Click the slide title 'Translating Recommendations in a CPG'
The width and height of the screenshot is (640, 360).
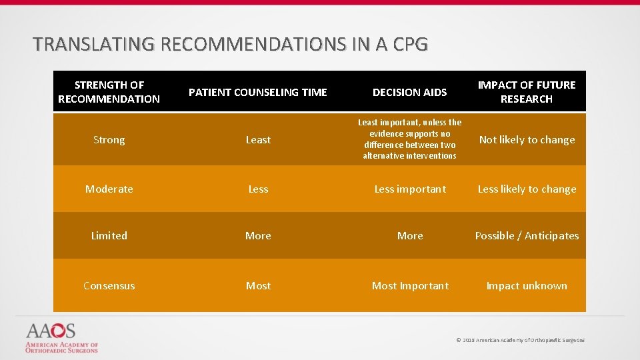coord(230,45)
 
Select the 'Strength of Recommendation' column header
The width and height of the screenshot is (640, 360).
coord(109,92)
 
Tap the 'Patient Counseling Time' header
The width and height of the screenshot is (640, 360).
coord(258,92)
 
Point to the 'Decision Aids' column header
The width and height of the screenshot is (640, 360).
coord(409,92)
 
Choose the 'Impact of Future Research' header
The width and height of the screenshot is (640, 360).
coord(527,92)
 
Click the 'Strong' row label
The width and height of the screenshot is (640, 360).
coord(109,140)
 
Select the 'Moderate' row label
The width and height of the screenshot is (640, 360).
coord(109,189)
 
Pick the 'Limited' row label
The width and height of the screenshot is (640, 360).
coord(109,236)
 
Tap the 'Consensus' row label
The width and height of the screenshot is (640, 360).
coord(109,286)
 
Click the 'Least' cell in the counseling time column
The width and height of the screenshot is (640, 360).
coord(258,140)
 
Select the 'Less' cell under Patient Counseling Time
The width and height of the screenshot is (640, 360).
coord(258,189)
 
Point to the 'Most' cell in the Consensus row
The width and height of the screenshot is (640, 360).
coord(258,286)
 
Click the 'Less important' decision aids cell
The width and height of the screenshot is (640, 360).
coord(410,189)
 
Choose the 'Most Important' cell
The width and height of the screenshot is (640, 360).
coord(410,286)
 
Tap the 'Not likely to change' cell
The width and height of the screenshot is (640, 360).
coord(527,140)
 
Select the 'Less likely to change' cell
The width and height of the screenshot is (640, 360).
coord(527,189)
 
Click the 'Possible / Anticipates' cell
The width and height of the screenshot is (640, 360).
coord(527,236)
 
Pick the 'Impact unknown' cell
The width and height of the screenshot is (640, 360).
coord(527,286)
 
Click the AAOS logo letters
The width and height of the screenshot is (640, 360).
coord(51,331)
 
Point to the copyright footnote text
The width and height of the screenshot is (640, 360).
coord(520,340)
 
